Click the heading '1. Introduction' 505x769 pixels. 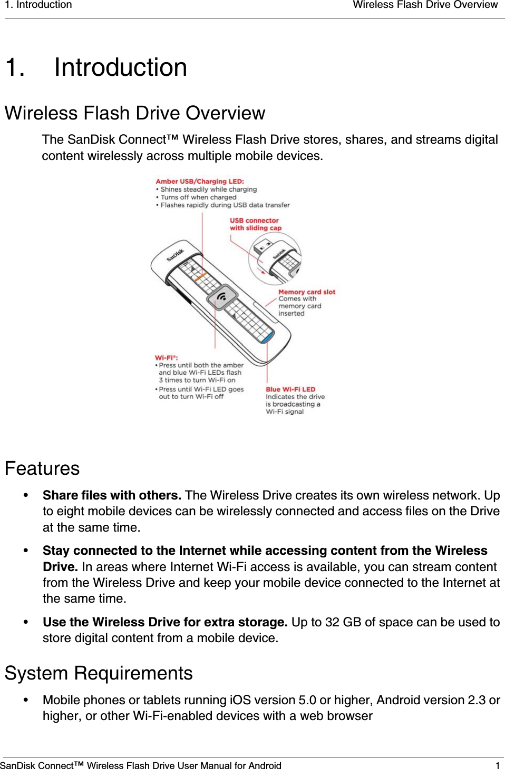96,68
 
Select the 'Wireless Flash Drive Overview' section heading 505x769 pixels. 134,113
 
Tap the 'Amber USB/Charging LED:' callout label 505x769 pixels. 200,181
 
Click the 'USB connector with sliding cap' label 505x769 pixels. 255,224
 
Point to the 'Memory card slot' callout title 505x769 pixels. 306,292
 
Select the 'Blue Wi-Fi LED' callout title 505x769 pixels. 290,390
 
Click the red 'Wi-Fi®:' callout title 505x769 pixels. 166,357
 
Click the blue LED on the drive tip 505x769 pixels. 268,335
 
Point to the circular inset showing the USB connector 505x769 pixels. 275,258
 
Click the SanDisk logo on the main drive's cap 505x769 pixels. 176,255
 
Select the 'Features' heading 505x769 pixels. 42,468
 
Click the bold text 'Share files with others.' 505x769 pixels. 112,495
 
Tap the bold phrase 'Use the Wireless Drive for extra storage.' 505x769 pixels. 165,622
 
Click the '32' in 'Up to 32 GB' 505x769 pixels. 332,622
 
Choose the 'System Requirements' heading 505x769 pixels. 99,673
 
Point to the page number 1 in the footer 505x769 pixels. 497,765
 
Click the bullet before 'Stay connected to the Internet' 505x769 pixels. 25,551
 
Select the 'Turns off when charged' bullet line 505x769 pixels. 198,197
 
